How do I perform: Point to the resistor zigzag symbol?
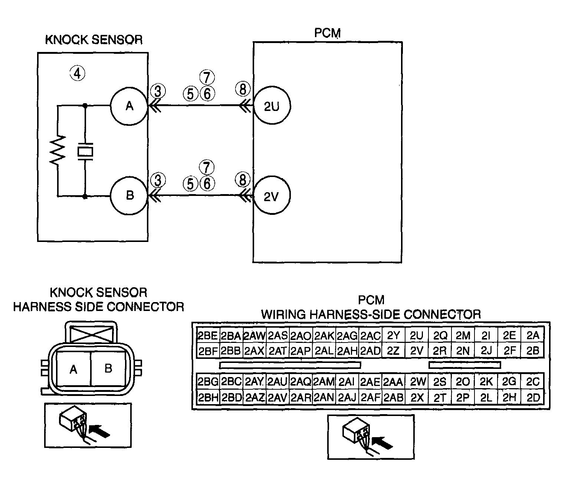[58, 150]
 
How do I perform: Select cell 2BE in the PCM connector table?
[208, 336]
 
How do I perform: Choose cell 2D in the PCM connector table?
[533, 397]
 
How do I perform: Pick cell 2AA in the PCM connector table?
[393, 382]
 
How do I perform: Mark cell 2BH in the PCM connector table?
[208, 397]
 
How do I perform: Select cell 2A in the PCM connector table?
[533, 336]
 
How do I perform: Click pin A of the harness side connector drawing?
[73, 369]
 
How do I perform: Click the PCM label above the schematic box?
[328, 33]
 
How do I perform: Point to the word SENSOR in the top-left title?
[117, 40]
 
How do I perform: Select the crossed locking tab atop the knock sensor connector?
[92, 334]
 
